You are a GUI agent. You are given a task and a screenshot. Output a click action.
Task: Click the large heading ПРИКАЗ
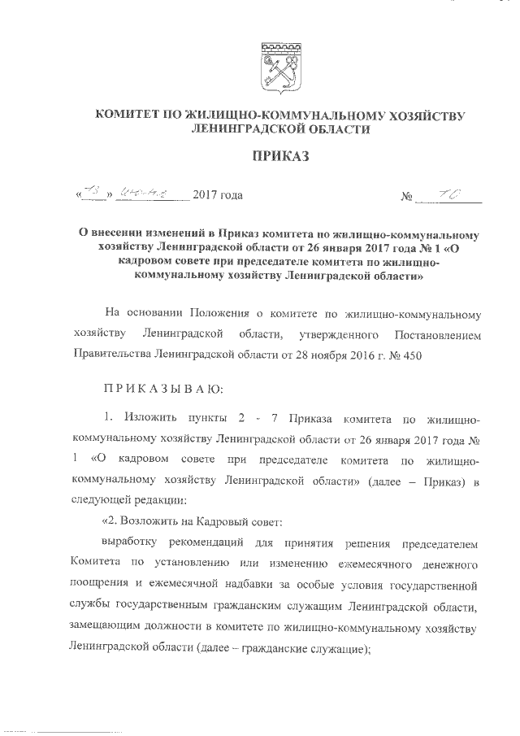[279, 158]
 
